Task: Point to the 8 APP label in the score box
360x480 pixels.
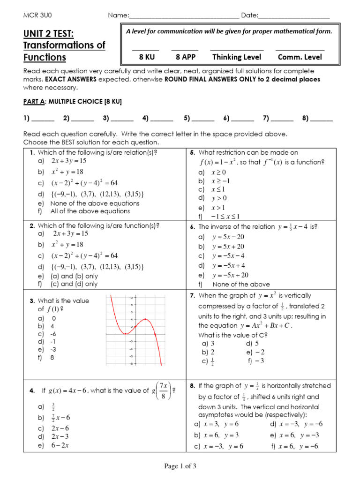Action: point(185,57)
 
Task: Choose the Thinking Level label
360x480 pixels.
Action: point(237,57)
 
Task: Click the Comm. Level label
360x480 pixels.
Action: point(300,57)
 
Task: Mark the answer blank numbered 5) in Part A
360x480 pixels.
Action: point(203,119)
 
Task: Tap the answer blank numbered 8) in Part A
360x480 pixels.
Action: point(322,119)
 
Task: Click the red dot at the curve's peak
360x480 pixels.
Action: point(146,319)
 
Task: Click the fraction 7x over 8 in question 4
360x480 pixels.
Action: point(163,390)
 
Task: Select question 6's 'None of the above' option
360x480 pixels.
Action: point(241,284)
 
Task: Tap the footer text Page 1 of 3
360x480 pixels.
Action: point(180,466)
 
